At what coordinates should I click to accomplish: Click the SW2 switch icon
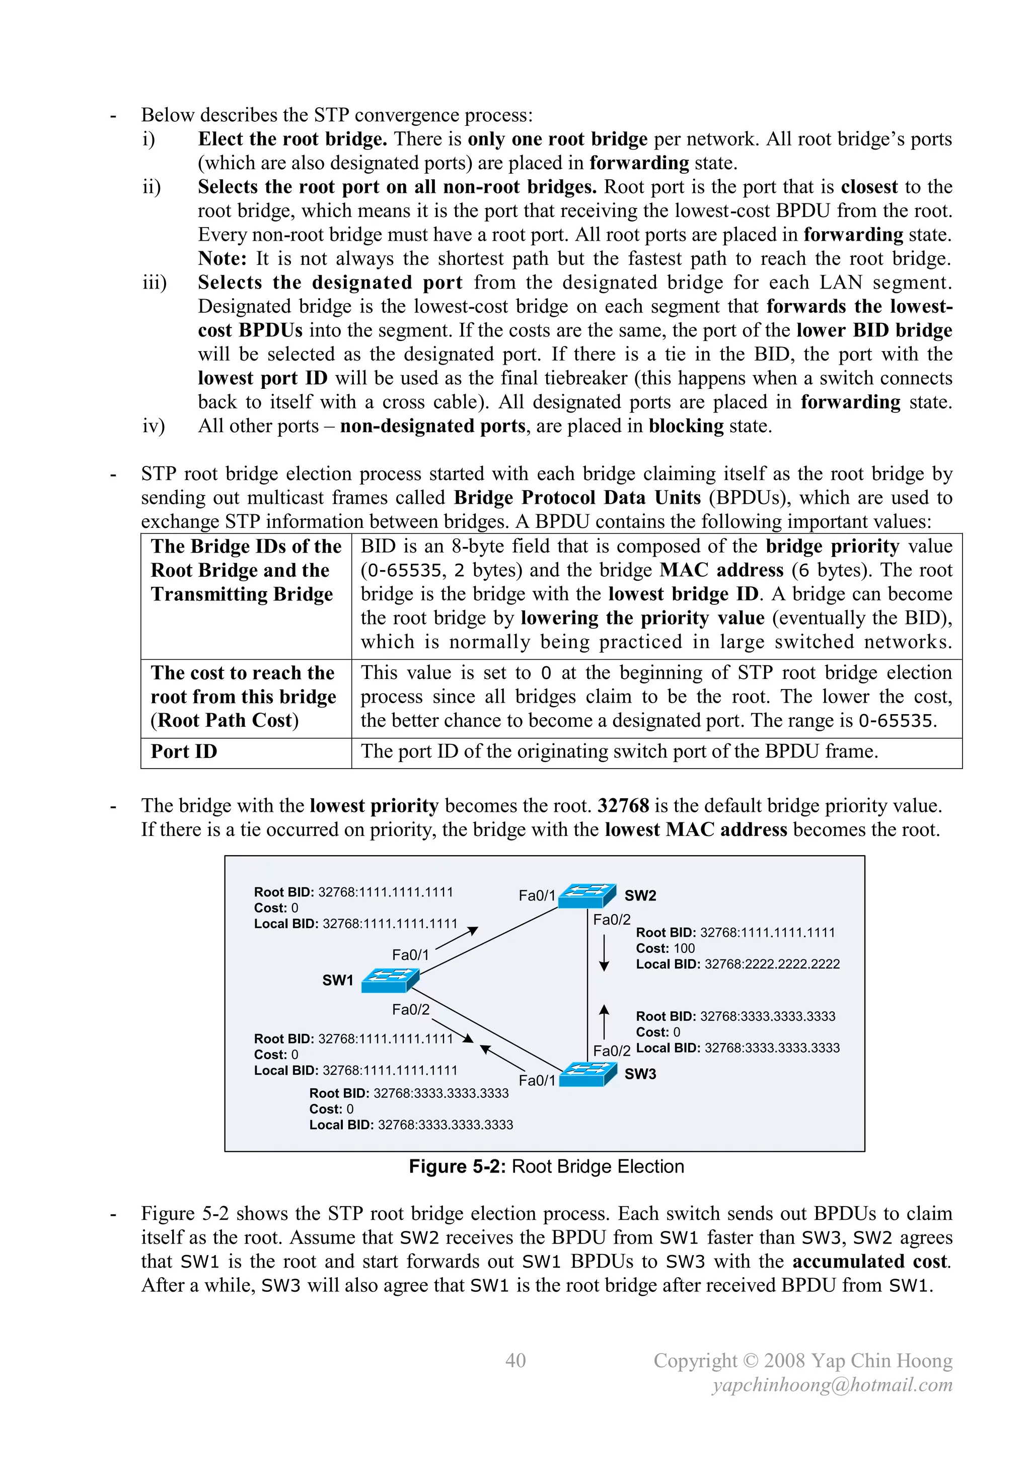[586, 895]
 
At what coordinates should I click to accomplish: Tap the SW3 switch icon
[588, 1074]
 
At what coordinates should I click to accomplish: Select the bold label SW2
[640, 895]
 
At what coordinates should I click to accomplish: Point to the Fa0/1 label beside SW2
[537, 895]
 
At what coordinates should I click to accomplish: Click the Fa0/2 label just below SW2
[611, 920]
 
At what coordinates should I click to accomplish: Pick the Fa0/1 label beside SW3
[537, 1080]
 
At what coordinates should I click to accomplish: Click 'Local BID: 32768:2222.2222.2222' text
[737, 964]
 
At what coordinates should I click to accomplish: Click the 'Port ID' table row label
[184, 751]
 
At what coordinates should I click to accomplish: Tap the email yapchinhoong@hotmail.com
[832, 1384]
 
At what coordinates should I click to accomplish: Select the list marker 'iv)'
[153, 426]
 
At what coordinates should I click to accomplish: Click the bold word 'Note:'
[222, 258]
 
